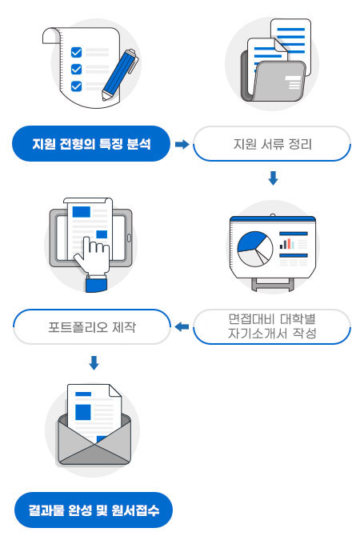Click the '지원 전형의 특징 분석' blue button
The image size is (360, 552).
[x=91, y=144]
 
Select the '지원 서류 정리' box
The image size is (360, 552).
[x=272, y=144]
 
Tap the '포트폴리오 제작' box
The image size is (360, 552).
[x=92, y=326]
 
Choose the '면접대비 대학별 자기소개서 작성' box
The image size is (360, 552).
[x=272, y=326]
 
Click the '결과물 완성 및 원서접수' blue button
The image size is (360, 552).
[x=94, y=510]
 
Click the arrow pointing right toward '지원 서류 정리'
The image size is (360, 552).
[x=182, y=144]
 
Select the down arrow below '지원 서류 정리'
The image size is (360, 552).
[x=273, y=178]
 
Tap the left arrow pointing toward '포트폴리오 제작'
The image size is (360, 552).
[x=182, y=326]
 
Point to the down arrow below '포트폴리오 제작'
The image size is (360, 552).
[x=94, y=363]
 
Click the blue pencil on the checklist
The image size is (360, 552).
[x=120, y=75]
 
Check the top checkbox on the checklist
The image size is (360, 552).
[x=76, y=52]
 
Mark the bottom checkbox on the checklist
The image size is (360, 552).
[x=76, y=86]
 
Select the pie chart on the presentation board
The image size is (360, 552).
[x=255, y=249]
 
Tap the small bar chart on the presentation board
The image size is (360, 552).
[x=287, y=244]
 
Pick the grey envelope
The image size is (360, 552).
[x=94, y=440]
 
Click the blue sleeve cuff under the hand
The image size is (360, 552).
[x=97, y=283]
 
